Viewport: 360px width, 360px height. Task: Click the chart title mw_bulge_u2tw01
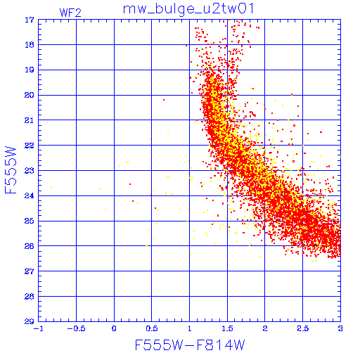click(188, 9)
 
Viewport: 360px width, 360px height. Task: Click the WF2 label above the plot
click(70, 13)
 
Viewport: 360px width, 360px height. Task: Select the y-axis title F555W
click(11, 170)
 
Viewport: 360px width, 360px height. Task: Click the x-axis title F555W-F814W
click(190, 345)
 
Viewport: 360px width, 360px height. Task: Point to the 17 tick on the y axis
click(30, 20)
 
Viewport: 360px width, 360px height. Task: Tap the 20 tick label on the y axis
click(30, 95)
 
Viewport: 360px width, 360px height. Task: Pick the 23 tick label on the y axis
click(30, 171)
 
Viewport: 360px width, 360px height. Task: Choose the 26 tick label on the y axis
click(30, 246)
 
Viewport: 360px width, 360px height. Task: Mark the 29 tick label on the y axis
click(30, 321)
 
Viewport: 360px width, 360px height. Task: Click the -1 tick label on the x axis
click(39, 328)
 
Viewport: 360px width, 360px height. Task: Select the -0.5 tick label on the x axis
click(76, 328)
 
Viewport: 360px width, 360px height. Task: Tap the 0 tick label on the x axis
click(114, 328)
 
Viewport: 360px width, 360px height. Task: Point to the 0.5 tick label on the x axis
click(152, 328)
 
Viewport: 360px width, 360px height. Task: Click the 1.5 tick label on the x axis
click(227, 328)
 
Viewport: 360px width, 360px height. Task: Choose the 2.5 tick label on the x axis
click(302, 328)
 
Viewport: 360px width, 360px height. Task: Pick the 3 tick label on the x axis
click(340, 328)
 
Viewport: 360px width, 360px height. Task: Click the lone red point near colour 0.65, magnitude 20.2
click(164, 100)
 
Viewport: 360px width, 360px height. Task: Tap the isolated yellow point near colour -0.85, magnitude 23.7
click(51, 187)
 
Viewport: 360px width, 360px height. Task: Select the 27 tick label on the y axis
click(30, 271)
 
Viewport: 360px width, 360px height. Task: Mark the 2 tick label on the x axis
click(265, 328)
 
